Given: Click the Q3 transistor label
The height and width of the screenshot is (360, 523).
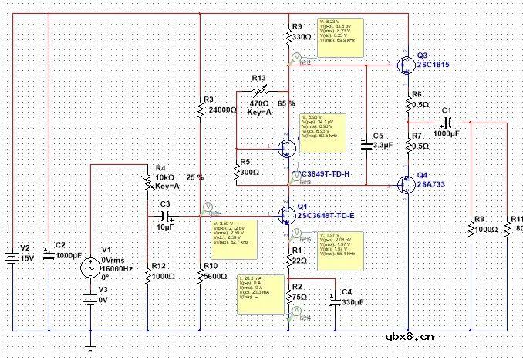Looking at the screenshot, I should tap(420, 56).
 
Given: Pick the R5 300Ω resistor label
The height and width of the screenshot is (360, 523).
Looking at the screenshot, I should tap(249, 167).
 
